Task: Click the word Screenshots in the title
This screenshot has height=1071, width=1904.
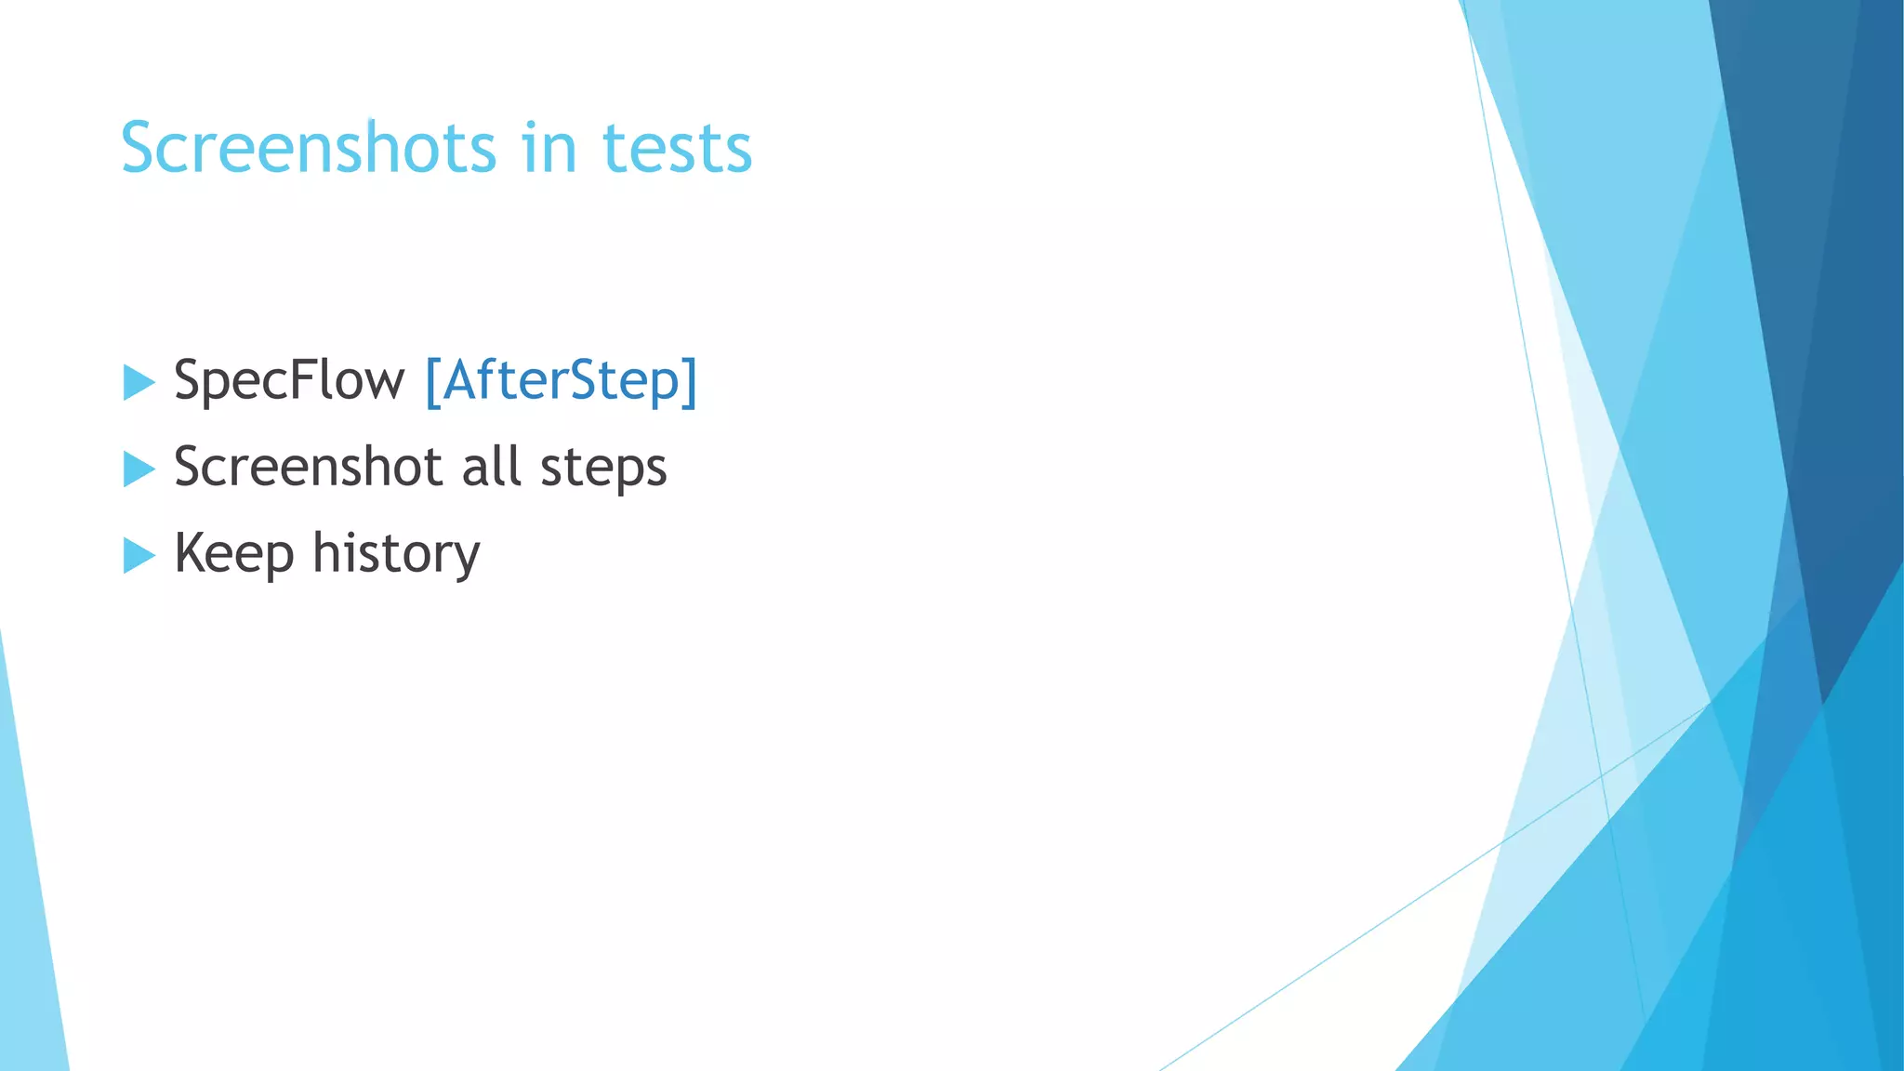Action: [x=309, y=149]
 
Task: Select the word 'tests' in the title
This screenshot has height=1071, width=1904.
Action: [x=677, y=149]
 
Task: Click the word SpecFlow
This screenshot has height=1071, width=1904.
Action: [x=289, y=381]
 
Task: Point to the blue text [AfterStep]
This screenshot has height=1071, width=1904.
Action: [x=561, y=381]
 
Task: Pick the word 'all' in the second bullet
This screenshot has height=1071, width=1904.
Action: [x=490, y=467]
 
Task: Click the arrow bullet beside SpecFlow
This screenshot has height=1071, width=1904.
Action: [x=139, y=383]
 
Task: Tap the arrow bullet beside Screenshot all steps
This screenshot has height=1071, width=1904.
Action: [x=139, y=469]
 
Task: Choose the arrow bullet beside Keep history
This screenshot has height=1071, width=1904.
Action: [x=139, y=556]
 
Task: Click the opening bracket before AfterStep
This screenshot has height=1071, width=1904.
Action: [x=432, y=381]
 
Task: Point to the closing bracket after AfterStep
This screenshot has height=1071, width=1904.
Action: [x=689, y=381]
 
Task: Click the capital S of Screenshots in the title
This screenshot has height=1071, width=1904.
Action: [x=140, y=149]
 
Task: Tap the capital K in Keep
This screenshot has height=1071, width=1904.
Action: [x=190, y=552]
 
